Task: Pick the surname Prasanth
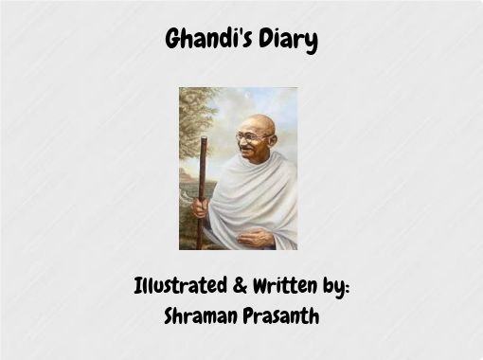[x=279, y=315]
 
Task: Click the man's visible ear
[x=271, y=140]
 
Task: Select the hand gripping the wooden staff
[x=202, y=204]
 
